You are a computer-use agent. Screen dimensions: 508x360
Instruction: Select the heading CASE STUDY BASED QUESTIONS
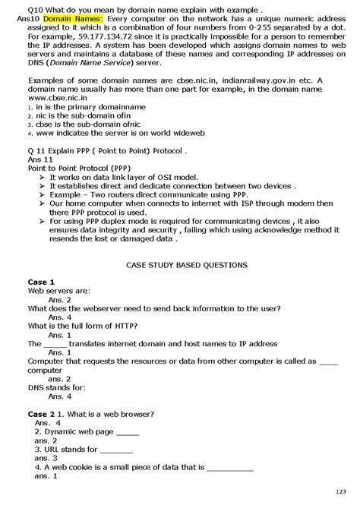tap(185, 265)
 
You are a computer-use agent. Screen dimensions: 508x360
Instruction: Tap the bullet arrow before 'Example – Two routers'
tap(43, 194)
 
